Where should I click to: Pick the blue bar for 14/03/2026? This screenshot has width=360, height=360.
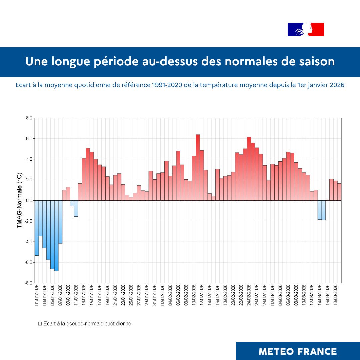click(319, 210)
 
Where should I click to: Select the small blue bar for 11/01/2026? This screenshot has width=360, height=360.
click(76, 208)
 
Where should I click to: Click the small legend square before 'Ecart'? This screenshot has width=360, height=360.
click(40, 324)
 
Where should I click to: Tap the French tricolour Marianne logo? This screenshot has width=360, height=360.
click(306, 29)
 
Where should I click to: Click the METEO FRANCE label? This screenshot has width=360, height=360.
click(298, 351)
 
